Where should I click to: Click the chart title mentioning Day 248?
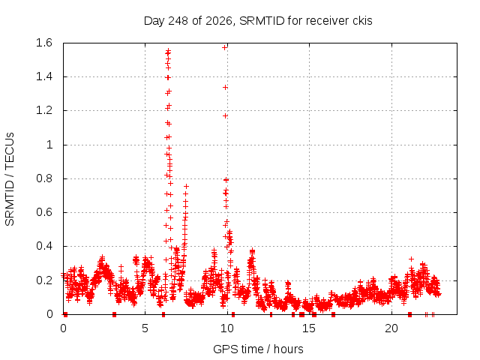tap(258, 21)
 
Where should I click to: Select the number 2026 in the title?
tap(219, 21)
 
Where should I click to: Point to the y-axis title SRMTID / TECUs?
tap(10, 179)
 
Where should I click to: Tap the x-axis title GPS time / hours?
tap(258, 349)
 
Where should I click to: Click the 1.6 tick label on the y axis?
tap(44, 43)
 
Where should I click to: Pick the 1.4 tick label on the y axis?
tap(44, 76)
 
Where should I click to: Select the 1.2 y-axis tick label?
tap(44, 110)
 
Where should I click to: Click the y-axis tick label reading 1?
tap(49, 145)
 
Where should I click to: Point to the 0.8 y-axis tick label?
tap(44, 178)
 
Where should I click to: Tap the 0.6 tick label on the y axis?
tap(44, 212)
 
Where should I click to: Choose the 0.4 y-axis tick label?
tap(44, 246)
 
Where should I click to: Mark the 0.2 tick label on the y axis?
tap(44, 280)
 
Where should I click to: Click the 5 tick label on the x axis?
tap(145, 328)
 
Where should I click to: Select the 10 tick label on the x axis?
tap(227, 328)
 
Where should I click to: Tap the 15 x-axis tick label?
tap(309, 328)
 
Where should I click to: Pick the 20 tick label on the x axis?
tap(391, 328)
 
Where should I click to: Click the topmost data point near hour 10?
tap(225, 47)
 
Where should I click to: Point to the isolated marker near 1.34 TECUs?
tap(225, 88)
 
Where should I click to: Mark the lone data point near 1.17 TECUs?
tap(225, 116)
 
